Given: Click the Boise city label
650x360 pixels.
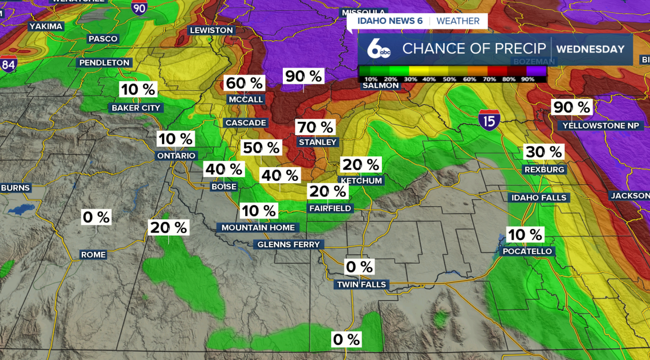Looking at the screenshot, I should pyautogui.click(x=224, y=186).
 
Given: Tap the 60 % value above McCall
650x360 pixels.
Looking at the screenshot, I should pyautogui.click(x=245, y=83).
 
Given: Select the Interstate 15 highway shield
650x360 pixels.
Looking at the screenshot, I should pyautogui.click(x=489, y=120).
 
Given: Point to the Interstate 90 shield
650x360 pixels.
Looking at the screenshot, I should pyautogui.click(x=139, y=7).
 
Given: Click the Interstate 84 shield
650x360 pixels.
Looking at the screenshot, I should pyautogui.click(x=8, y=64).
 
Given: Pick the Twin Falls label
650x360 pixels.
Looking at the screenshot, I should pyautogui.click(x=362, y=284).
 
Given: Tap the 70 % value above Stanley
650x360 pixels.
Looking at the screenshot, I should pyautogui.click(x=315, y=126).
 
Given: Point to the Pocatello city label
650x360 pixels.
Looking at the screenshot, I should pyautogui.click(x=527, y=251).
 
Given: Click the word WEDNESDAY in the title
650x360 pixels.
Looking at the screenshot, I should pyautogui.click(x=590, y=49).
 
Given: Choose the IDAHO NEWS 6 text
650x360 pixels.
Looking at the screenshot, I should pyautogui.click(x=389, y=21).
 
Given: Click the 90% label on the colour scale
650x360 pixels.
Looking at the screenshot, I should pyautogui.click(x=528, y=79).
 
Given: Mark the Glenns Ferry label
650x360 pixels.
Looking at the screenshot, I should pyautogui.click(x=289, y=244).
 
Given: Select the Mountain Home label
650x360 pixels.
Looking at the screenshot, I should pyautogui.click(x=258, y=227).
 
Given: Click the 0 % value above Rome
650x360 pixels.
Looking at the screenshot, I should pyautogui.click(x=96, y=217).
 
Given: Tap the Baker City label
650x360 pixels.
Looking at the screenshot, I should pyautogui.click(x=136, y=108).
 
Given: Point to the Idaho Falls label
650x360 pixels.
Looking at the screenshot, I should pyautogui.click(x=539, y=198).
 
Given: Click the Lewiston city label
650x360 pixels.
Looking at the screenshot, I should pyautogui.click(x=211, y=30).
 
